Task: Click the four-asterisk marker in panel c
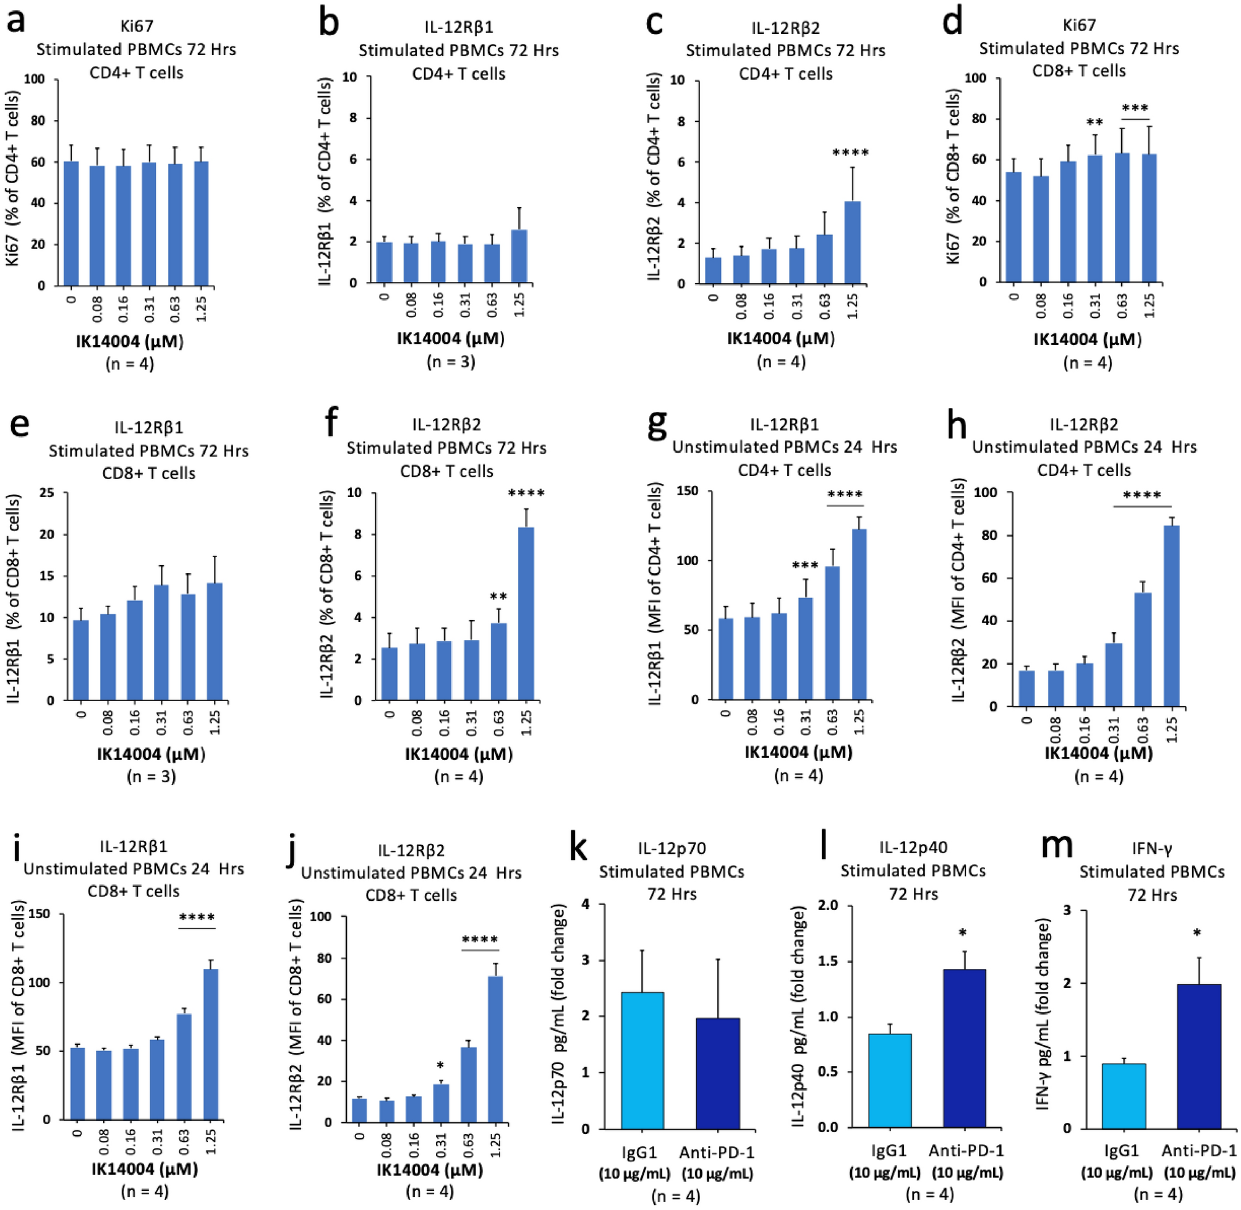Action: (x=850, y=153)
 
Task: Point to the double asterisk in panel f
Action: (x=498, y=597)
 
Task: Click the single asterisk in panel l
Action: (x=963, y=933)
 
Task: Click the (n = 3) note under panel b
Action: (x=451, y=362)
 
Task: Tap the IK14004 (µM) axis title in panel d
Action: (x=1087, y=339)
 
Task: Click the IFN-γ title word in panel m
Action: (x=1151, y=848)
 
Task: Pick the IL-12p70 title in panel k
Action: (x=672, y=848)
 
